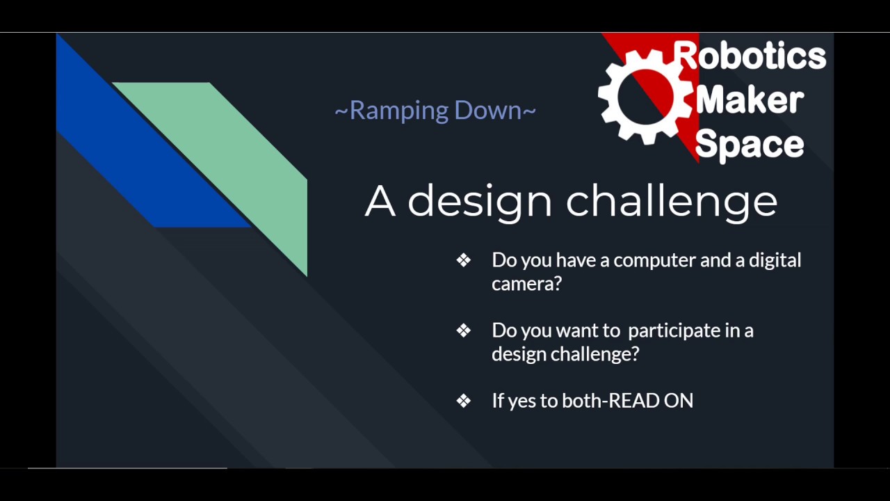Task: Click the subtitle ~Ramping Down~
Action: click(435, 111)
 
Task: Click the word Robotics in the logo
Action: click(750, 56)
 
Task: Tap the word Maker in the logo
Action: click(750, 100)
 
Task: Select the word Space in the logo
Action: click(749, 144)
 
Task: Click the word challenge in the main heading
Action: click(671, 201)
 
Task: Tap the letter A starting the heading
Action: click(380, 201)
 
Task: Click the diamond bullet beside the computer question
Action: click(464, 260)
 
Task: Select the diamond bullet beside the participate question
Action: click(464, 331)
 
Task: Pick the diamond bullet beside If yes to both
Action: click(464, 401)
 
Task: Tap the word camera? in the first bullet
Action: click(526, 284)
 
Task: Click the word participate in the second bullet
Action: click(674, 331)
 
